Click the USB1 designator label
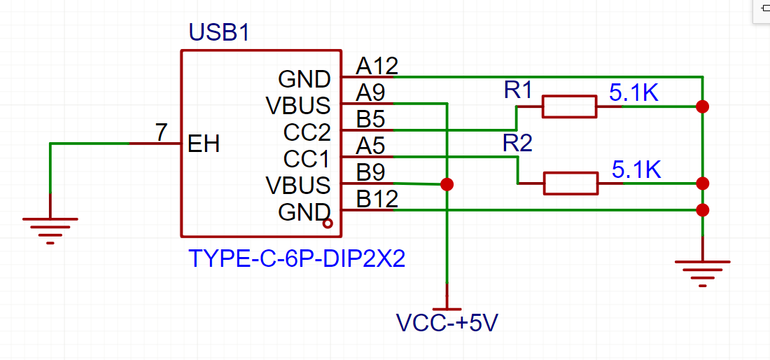click(x=219, y=33)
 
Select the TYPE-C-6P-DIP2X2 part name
click(x=297, y=259)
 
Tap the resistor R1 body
click(x=569, y=106)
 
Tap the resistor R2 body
click(x=570, y=184)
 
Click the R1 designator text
click(x=518, y=90)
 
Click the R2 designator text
click(x=517, y=144)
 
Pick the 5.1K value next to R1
click(x=634, y=93)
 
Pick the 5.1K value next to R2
click(x=636, y=169)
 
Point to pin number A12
click(x=377, y=66)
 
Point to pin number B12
click(x=377, y=199)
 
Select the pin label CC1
click(x=307, y=159)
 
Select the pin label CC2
click(x=307, y=132)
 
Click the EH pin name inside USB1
click(x=204, y=144)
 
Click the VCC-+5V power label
click(x=447, y=323)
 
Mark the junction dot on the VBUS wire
click(x=447, y=184)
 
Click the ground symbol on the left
click(x=50, y=226)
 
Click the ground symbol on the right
click(x=702, y=269)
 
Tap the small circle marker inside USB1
click(x=327, y=224)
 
